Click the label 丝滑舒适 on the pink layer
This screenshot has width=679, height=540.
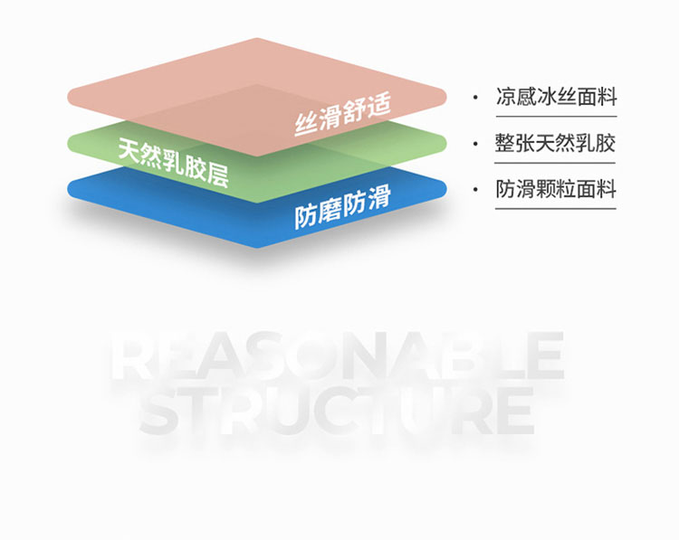coord(341,115)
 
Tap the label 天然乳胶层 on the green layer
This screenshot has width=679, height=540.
coord(173,160)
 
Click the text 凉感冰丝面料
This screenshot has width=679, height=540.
coord(556,97)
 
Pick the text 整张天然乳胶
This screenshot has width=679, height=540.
coord(556,144)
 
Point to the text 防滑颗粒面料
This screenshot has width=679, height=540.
coord(556,190)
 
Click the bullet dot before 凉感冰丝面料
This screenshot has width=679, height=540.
coord(475,97)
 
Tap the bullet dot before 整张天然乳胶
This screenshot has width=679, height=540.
coord(475,144)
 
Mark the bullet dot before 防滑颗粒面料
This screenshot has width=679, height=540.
coord(475,190)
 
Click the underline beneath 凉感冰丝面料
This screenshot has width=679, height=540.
coord(556,116)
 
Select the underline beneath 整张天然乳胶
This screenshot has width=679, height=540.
coord(556,163)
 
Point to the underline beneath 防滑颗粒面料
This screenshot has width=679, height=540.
coord(556,209)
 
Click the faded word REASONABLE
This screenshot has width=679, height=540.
coord(337,356)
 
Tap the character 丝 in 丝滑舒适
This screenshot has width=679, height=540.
coord(305,124)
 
